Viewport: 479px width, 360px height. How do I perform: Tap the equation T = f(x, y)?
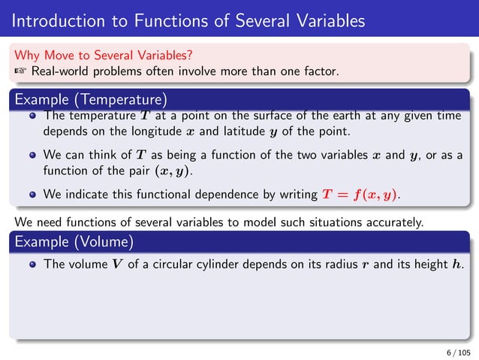(361, 195)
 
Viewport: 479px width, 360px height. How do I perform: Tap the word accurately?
(394, 222)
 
